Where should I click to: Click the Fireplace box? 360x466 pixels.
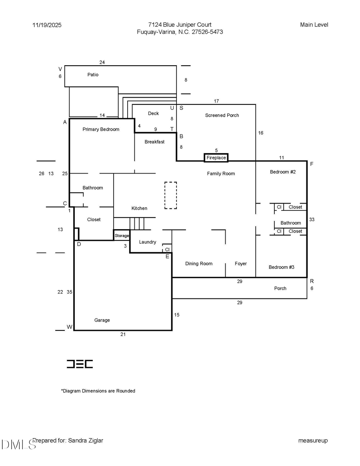coord(216,158)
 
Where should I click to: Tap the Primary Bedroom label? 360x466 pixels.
coord(101,129)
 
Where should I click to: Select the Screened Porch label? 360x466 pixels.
coord(222,115)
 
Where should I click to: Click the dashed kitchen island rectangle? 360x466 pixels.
coord(171,195)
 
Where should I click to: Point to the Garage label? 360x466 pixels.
coord(102,320)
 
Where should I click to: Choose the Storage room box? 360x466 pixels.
coord(122,236)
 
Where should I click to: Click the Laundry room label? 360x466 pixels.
coord(148,242)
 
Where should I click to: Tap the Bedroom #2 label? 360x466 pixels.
coord(282,172)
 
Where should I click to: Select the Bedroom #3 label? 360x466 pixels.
coord(281,267)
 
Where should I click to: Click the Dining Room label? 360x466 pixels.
coord(199,264)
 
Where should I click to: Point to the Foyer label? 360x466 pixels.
coord(241,264)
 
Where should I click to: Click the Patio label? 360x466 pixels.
coord(93,75)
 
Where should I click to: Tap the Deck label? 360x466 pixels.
coord(153,114)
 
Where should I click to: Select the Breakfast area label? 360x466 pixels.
coord(154,142)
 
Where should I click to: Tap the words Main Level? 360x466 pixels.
coord(314,25)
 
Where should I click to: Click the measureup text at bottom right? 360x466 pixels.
coord(313,440)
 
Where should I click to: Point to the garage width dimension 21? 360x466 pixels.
coord(123,334)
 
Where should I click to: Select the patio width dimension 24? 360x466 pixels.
coord(102,62)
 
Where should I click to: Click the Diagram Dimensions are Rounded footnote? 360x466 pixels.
coord(98,391)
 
